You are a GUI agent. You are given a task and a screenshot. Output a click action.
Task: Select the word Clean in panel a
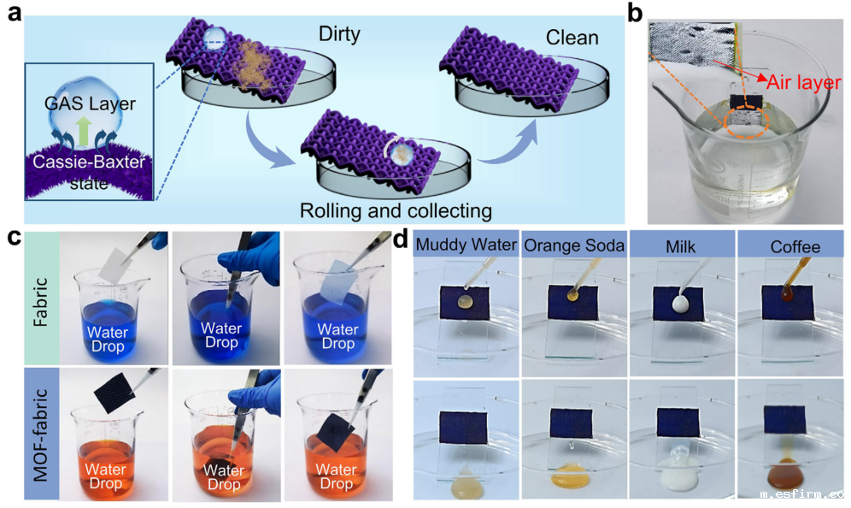tap(572, 38)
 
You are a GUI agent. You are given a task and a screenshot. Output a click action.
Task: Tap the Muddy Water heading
tap(466, 247)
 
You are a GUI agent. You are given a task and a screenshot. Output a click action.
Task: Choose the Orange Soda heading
tap(573, 247)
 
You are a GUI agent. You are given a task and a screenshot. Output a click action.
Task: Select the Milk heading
tap(681, 247)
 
